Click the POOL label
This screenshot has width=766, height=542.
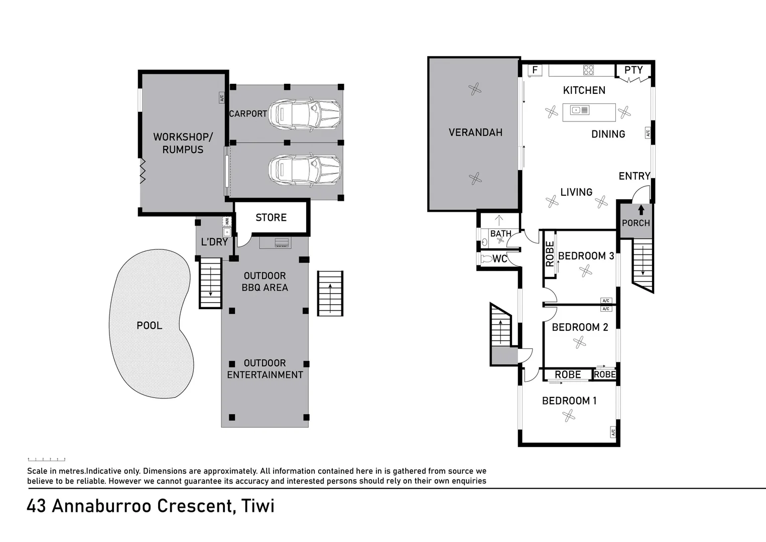(x=150, y=325)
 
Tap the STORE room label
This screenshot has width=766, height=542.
(x=271, y=217)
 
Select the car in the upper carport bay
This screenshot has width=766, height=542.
(x=305, y=114)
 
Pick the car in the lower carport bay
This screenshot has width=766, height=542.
(x=305, y=170)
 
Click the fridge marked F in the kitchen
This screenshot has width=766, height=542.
(x=535, y=70)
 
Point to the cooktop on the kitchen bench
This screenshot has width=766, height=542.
(x=588, y=70)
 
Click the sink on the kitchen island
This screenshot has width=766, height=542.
(x=580, y=110)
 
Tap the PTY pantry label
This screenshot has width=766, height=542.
(x=633, y=70)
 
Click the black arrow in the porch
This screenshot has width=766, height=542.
(x=641, y=210)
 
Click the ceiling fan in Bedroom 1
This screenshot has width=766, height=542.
(x=568, y=416)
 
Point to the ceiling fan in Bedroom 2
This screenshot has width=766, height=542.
(x=579, y=342)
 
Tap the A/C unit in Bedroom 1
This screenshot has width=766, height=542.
(x=613, y=432)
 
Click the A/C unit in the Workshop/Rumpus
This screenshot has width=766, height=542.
(x=221, y=98)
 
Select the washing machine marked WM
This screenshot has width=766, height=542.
(x=227, y=221)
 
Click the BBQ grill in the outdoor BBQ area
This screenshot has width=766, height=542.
(x=282, y=243)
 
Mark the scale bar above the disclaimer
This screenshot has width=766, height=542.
(x=47, y=459)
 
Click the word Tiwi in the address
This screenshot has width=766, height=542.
(x=258, y=506)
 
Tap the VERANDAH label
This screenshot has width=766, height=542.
(x=475, y=132)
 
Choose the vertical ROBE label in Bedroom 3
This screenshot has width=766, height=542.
(x=550, y=254)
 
